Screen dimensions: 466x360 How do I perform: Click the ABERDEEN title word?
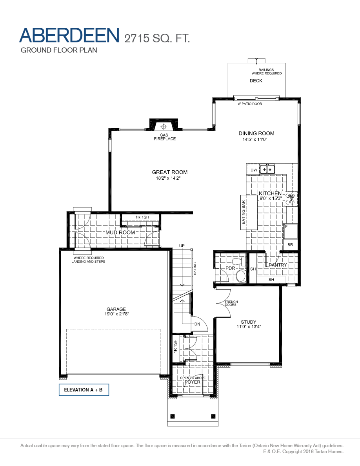[69, 35]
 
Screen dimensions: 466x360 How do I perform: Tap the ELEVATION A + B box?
[84, 390]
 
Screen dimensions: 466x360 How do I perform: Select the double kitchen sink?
[267, 169]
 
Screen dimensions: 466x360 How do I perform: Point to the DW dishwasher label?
[254, 170]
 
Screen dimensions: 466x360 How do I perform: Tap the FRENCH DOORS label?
[231, 303]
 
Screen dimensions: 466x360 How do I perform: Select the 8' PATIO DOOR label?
[250, 104]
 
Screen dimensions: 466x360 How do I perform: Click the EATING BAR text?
[244, 212]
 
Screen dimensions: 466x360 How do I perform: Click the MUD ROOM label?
[120, 233]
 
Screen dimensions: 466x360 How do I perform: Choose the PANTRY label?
[278, 265]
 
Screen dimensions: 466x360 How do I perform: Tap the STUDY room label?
[249, 322]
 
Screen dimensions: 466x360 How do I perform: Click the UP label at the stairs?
[182, 246]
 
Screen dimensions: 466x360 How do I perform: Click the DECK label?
[256, 81]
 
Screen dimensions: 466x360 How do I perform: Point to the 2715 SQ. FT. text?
[157, 38]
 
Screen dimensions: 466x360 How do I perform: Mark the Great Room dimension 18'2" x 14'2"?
[169, 178]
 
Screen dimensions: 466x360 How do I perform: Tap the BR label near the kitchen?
[290, 244]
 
